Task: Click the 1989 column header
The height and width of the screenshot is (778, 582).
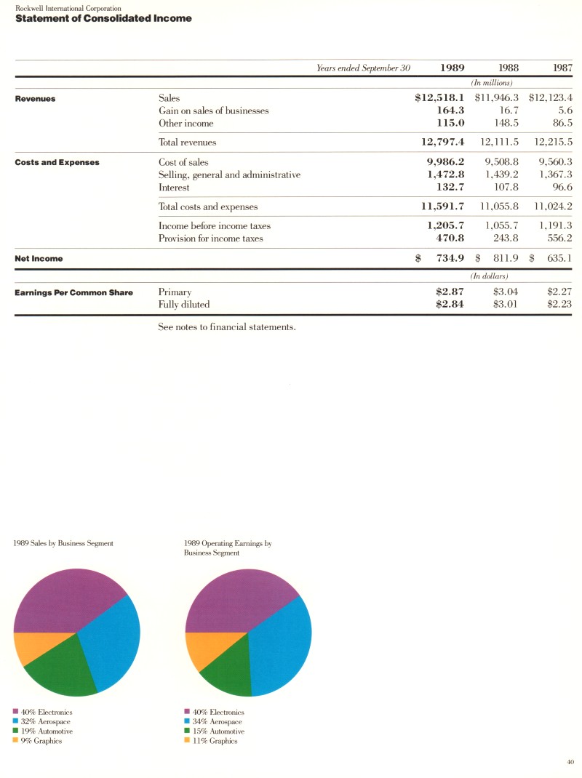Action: tap(453, 68)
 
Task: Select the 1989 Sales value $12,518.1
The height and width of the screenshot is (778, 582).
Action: tap(439, 97)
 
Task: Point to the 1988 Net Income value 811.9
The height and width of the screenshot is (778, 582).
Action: tap(502, 258)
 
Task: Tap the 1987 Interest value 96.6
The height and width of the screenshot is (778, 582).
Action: tap(561, 187)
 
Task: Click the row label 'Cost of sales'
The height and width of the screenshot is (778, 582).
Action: tap(183, 162)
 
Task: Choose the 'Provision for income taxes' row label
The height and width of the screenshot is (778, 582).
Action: tap(210, 238)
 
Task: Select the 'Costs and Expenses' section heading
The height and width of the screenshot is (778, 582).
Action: tap(57, 162)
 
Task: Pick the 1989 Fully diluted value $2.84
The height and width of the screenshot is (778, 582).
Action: tap(450, 305)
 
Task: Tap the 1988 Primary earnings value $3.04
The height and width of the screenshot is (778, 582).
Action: tap(505, 292)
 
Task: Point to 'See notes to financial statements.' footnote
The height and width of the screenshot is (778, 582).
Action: tap(226, 327)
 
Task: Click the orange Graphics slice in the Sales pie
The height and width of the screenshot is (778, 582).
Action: tap(31, 646)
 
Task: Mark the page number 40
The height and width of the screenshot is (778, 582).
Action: tap(570, 761)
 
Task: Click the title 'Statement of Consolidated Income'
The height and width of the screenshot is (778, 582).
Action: tap(103, 18)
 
